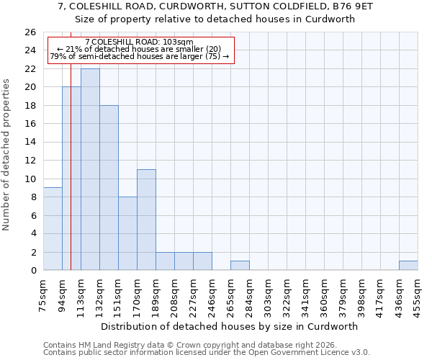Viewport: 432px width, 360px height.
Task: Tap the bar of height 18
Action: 109,187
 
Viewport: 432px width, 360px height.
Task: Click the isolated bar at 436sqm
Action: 408,266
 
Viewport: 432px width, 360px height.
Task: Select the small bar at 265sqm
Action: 240,266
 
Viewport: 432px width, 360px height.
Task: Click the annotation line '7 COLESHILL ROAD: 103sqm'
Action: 139,42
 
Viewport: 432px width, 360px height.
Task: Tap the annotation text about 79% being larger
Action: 139,56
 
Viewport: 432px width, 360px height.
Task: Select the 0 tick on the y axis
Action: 33,271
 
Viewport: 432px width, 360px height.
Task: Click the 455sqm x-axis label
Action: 418,295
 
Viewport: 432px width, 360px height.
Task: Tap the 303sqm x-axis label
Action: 269,295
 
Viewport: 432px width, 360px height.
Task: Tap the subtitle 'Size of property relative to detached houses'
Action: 215,19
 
